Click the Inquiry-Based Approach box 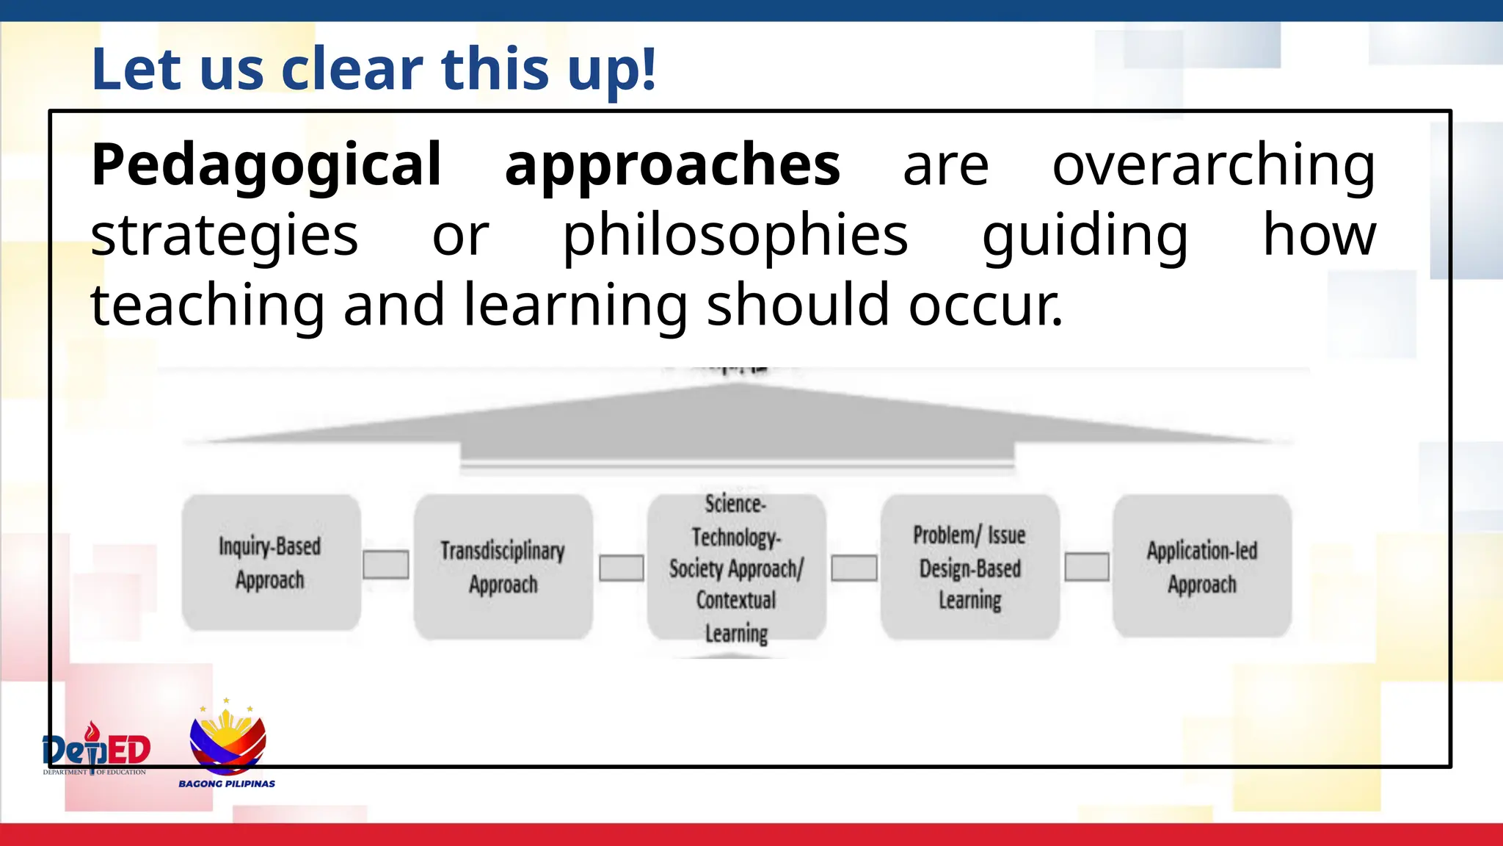click(x=271, y=563)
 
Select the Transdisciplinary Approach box click(x=503, y=567)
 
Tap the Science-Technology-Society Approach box click(x=736, y=567)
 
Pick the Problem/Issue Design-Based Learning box click(x=969, y=567)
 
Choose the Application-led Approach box click(x=1201, y=567)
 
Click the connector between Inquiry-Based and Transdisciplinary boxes click(x=386, y=565)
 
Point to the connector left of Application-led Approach click(x=1087, y=567)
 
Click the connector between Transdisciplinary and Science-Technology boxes click(x=621, y=568)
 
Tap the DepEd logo click(x=96, y=749)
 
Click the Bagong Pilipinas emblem click(x=228, y=742)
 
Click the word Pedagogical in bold click(x=266, y=165)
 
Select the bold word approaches click(x=672, y=165)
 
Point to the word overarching click(x=1214, y=165)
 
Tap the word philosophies click(x=735, y=236)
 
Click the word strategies click(x=224, y=236)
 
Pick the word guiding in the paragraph click(x=1085, y=236)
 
